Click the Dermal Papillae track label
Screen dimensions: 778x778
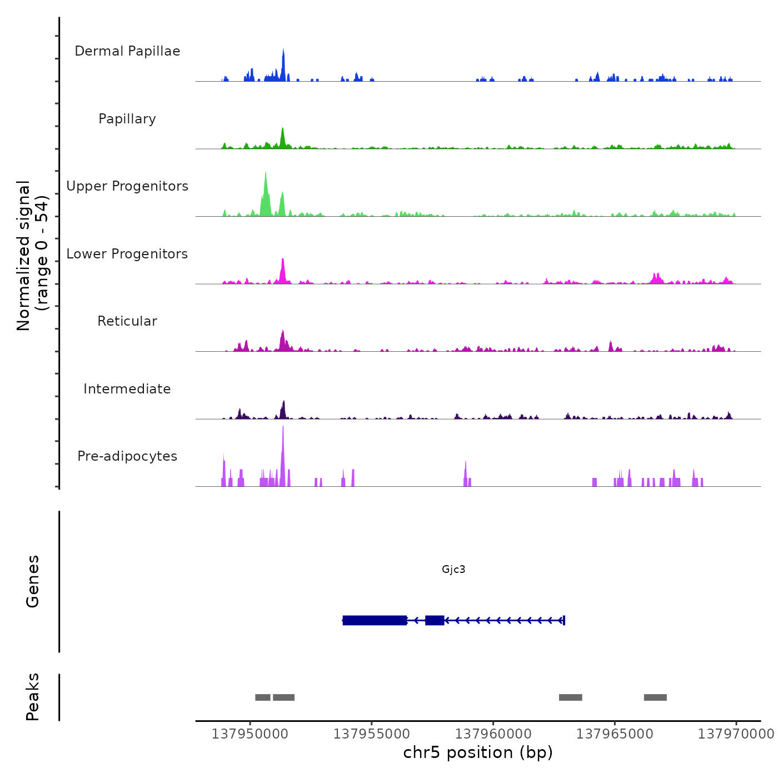[127, 51]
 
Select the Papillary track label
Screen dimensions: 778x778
[127, 119]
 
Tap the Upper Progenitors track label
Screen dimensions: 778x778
[127, 186]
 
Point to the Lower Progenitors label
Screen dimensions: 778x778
[127, 254]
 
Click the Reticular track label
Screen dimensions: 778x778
[127, 321]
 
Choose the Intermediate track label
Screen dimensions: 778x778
[127, 389]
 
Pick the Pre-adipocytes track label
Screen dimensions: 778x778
[127, 456]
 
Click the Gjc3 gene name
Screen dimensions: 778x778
[453, 569]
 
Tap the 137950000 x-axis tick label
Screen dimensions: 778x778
[250, 734]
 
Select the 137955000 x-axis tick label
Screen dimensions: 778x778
[371, 734]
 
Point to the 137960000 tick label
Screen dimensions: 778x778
[493, 734]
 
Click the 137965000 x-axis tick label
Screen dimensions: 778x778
[615, 734]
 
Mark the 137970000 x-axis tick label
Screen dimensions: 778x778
[736, 734]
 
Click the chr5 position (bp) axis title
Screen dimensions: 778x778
[478, 752]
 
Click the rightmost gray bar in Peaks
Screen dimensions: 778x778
[655, 697]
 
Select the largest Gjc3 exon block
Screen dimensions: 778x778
[375, 620]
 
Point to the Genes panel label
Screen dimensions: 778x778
[32, 581]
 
